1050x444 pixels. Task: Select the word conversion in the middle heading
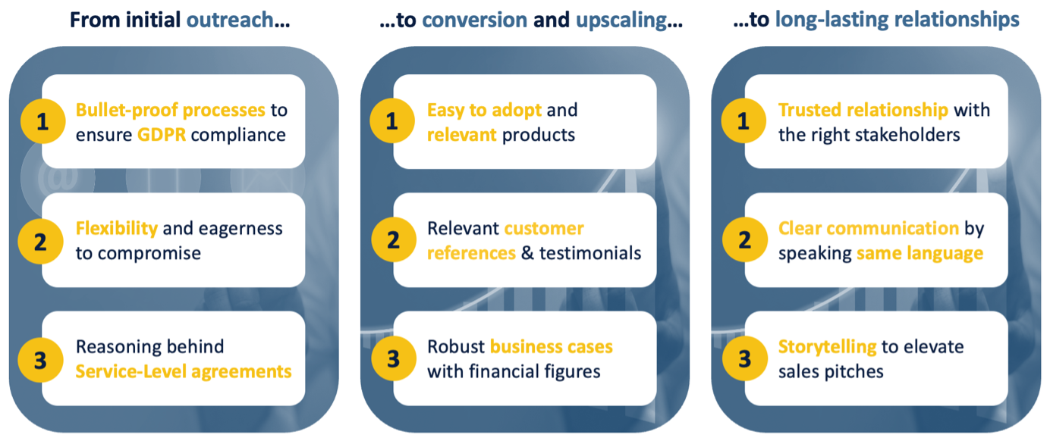(474, 20)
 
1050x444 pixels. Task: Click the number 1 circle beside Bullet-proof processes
(42, 121)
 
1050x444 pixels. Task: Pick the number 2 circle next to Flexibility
(40, 241)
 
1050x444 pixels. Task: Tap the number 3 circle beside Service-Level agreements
(40, 360)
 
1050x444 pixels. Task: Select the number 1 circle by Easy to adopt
(392, 120)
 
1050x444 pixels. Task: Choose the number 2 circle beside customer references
(394, 239)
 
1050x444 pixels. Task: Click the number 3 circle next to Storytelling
(745, 358)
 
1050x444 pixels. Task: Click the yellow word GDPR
(162, 135)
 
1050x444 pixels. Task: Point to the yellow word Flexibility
(117, 229)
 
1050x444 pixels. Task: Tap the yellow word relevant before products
(462, 135)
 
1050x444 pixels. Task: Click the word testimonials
(590, 253)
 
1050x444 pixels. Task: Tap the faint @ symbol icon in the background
(58, 177)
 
